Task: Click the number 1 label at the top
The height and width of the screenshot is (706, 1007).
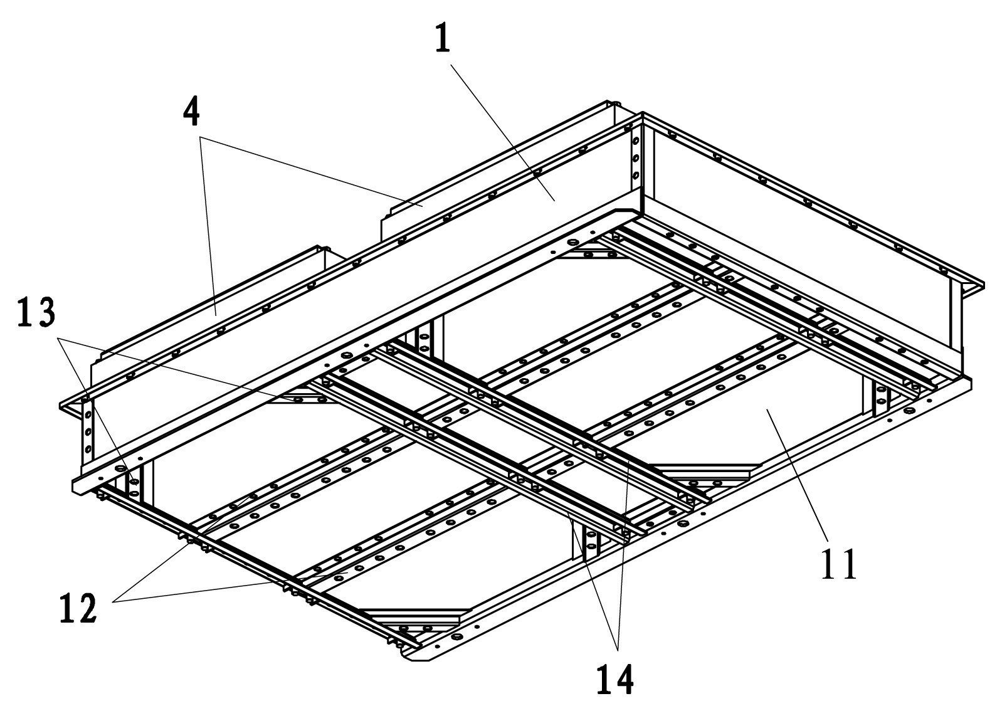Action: pyautogui.click(x=443, y=39)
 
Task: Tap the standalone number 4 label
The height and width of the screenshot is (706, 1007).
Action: pyautogui.click(x=192, y=113)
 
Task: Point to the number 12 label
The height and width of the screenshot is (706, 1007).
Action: pyautogui.click(x=78, y=606)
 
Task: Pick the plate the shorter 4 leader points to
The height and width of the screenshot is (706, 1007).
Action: pyautogui.click(x=213, y=307)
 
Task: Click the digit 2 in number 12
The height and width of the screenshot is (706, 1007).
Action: pyautogui.click(x=88, y=606)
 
